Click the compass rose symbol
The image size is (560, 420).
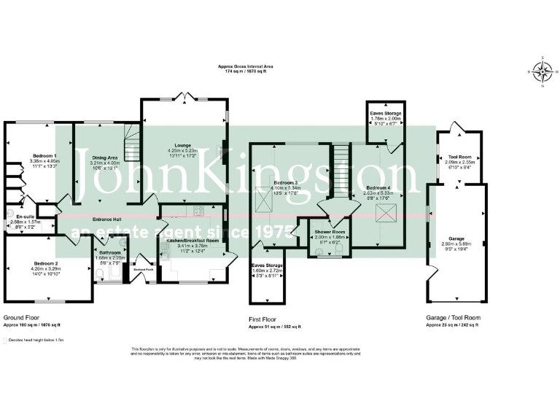click(542, 71)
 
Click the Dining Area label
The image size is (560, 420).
click(104, 157)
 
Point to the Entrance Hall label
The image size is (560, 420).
click(106, 219)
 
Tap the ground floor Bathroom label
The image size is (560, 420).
click(111, 252)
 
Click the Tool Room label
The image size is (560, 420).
click(459, 156)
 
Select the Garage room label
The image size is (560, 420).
click(456, 238)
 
